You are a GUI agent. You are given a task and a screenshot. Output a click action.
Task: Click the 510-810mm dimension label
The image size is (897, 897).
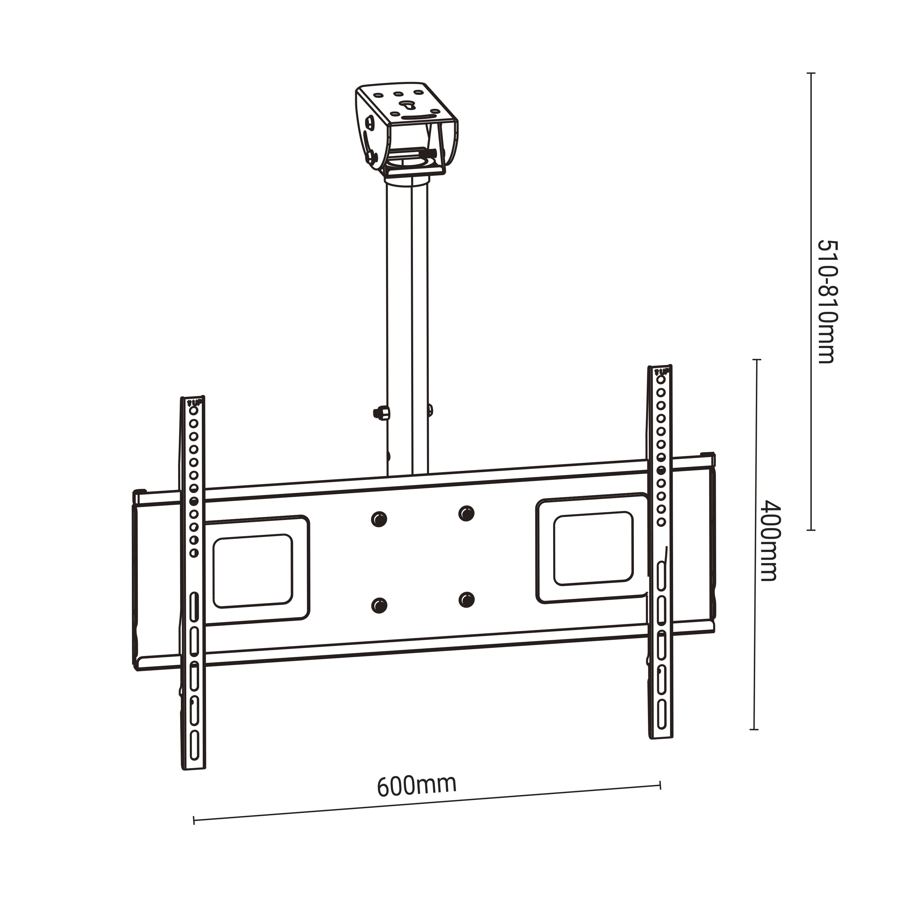tap(827, 302)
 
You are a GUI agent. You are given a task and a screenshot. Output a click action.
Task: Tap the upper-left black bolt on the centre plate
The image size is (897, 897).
tap(379, 518)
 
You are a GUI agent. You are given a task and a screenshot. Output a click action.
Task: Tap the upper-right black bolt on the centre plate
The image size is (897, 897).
tap(466, 513)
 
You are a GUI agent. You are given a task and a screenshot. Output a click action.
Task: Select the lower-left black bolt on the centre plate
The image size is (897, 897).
tap(379, 605)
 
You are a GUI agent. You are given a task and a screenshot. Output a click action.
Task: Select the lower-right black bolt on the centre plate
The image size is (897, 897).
tap(466, 600)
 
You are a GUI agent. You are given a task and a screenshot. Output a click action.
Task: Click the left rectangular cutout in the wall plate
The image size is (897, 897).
tap(253, 571)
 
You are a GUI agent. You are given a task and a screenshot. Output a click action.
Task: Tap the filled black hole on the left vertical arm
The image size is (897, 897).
tap(194, 501)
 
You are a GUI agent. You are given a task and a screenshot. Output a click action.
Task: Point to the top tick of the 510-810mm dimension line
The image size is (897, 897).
tap(811, 73)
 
